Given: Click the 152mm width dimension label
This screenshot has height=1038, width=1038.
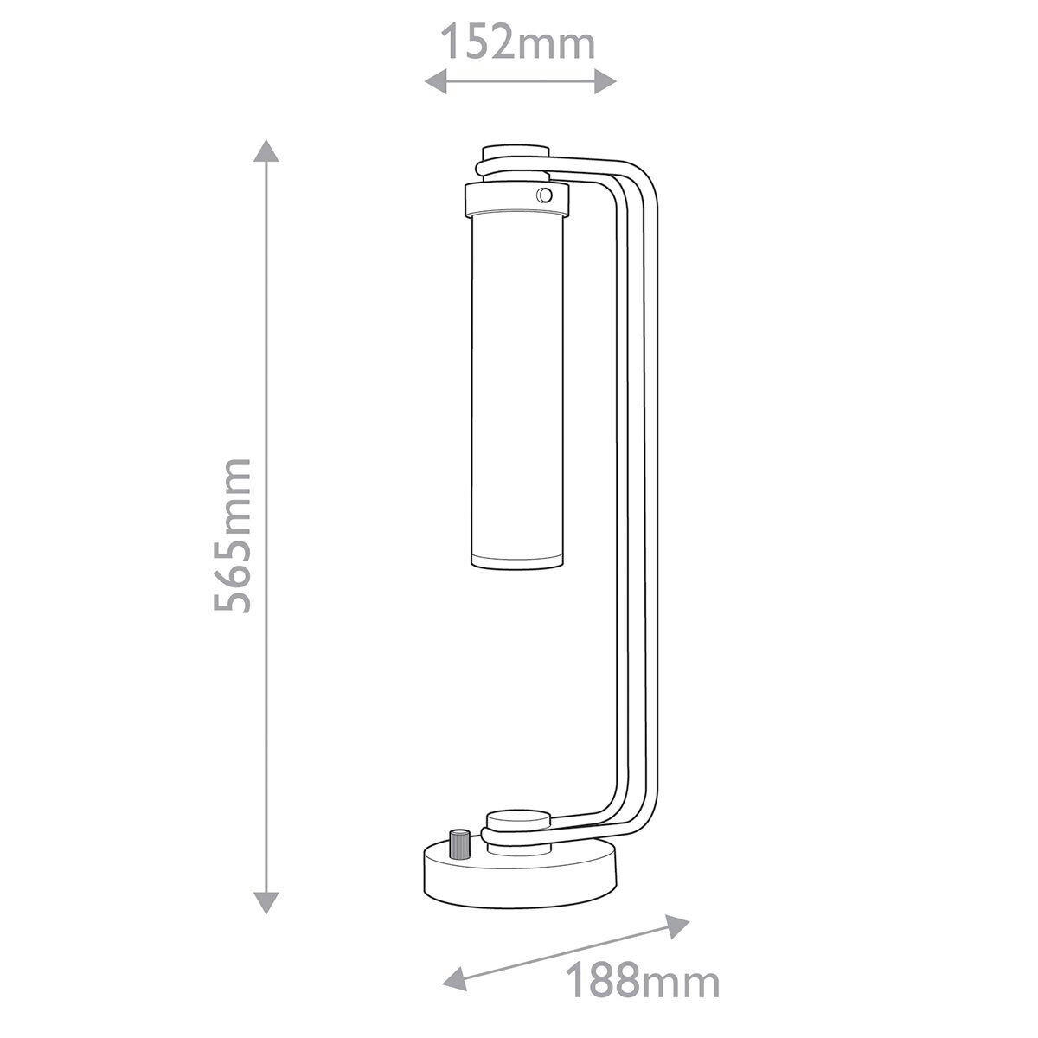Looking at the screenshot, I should click(x=518, y=43).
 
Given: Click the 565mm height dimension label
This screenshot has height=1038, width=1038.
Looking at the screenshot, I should click(x=233, y=535).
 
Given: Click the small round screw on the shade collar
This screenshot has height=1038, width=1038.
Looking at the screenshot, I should click(x=544, y=194).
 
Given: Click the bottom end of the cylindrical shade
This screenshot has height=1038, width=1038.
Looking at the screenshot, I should click(x=515, y=561).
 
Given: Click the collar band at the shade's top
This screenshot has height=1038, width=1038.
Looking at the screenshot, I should click(x=517, y=200).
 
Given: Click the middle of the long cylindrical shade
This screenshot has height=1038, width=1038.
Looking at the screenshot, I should click(x=515, y=389).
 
